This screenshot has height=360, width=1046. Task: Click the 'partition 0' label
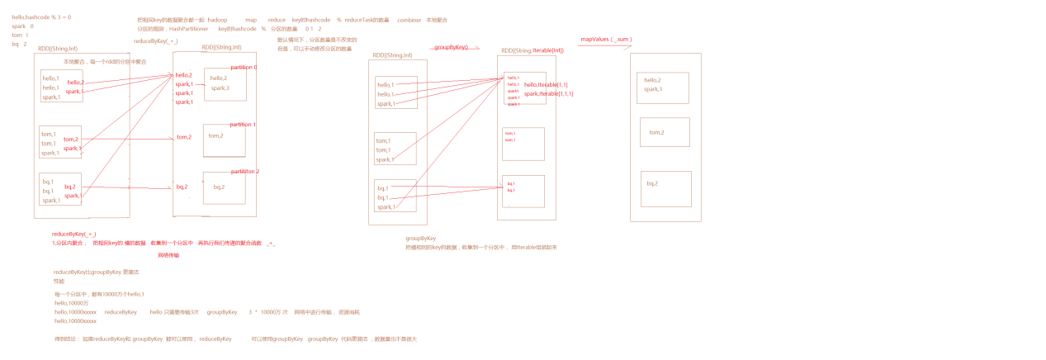click(x=244, y=67)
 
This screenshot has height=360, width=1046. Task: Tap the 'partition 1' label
click(x=243, y=125)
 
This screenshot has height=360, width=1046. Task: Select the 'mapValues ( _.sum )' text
click(x=606, y=39)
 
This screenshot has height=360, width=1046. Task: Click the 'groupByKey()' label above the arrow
click(x=451, y=48)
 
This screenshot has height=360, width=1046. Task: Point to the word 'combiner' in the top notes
click(x=409, y=20)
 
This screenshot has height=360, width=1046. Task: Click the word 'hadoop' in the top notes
click(x=217, y=20)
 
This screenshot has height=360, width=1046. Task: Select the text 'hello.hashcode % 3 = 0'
click(x=41, y=17)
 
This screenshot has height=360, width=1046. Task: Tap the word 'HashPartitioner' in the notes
click(x=187, y=29)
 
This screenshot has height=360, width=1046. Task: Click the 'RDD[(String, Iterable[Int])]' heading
click(x=532, y=50)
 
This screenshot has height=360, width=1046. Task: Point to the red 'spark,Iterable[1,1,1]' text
click(x=548, y=93)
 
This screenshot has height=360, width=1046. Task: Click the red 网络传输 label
click(x=168, y=255)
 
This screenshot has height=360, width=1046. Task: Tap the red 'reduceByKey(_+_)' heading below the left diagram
click(x=73, y=234)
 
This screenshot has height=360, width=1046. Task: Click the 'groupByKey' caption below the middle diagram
click(x=420, y=238)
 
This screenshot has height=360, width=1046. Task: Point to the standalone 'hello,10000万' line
click(x=71, y=303)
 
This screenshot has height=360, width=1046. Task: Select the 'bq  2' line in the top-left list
click(x=19, y=45)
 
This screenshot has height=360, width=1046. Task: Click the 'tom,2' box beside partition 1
click(x=224, y=140)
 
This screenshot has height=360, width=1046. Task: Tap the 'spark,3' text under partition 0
click(x=220, y=88)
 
